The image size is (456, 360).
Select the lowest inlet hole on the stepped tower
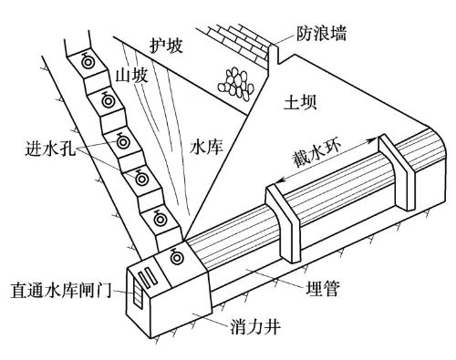162,219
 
